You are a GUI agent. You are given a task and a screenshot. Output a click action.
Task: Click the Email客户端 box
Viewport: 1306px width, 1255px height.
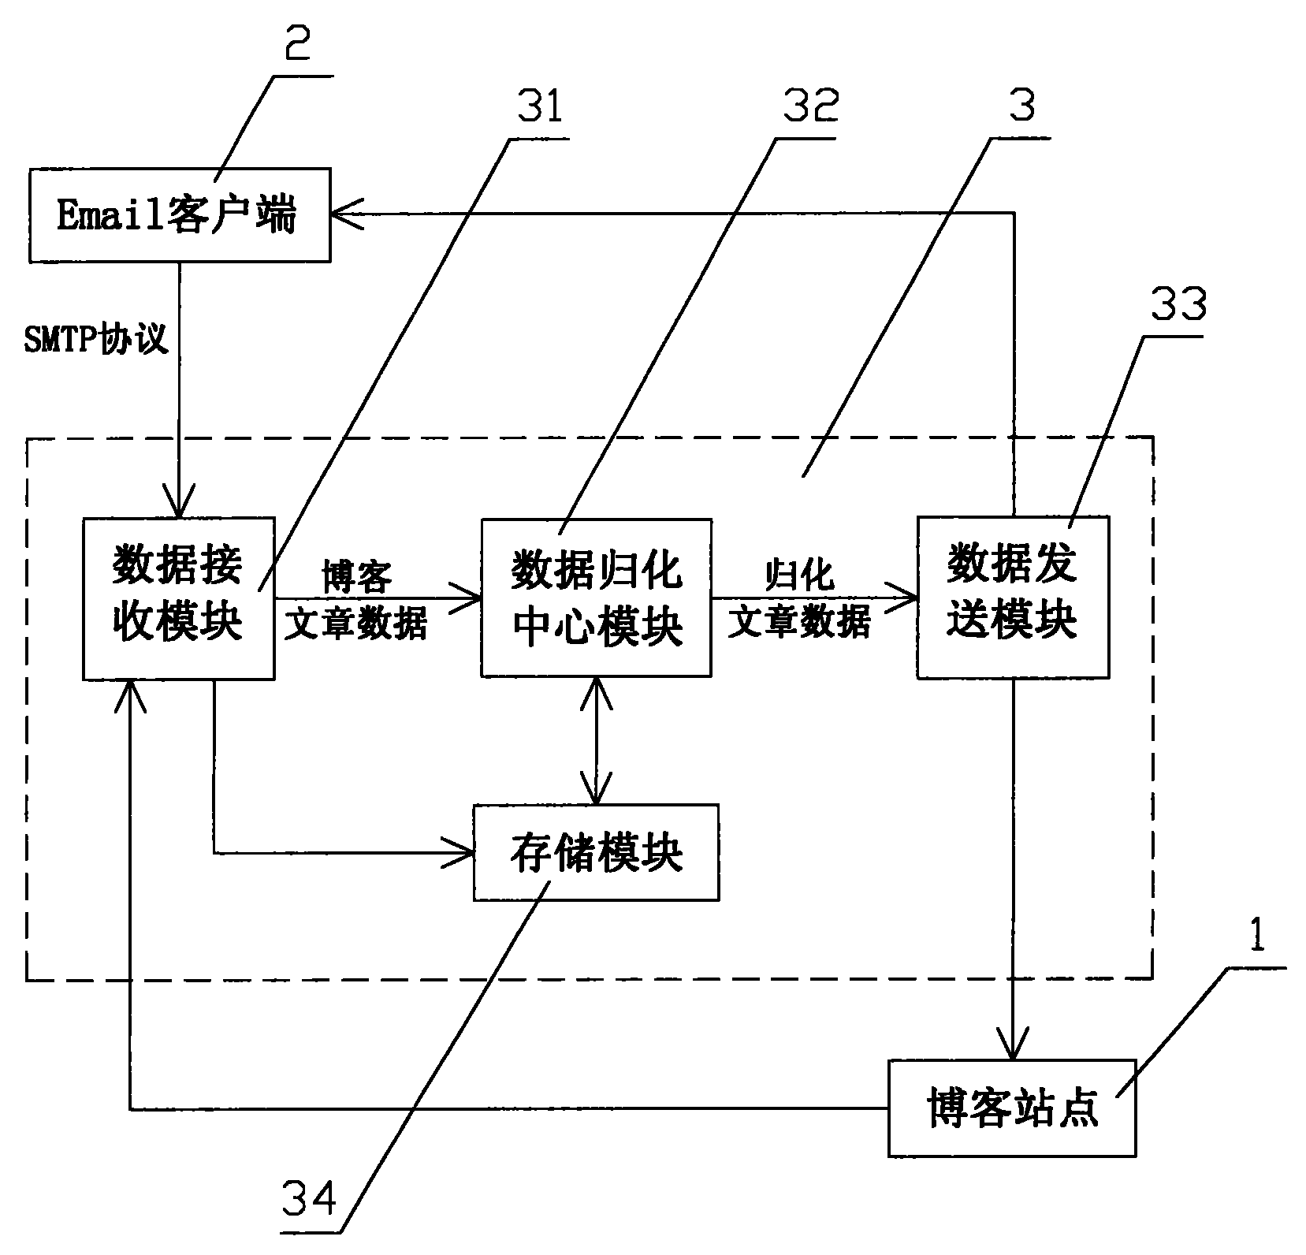click(179, 214)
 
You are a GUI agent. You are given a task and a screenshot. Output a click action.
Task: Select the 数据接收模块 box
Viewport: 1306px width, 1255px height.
click(178, 598)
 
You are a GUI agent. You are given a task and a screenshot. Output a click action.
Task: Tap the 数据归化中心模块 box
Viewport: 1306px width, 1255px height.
click(596, 598)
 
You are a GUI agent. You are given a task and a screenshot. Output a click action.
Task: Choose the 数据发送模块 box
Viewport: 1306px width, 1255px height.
click(1012, 597)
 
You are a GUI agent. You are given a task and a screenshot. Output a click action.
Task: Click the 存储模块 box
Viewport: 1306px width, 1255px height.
click(596, 852)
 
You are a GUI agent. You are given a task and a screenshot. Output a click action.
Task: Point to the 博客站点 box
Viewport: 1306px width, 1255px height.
click(1012, 1108)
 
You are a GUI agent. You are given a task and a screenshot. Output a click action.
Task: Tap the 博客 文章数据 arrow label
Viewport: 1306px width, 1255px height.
click(356, 600)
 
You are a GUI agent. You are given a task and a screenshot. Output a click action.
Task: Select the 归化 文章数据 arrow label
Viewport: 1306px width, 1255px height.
click(799, 599)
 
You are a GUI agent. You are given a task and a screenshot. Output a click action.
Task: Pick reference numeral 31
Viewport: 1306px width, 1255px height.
click(540, 108)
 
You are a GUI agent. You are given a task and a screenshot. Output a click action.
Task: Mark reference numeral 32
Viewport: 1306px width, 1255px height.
click(810, 107)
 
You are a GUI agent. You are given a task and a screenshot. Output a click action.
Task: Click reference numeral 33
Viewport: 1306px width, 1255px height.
click(1178, 304)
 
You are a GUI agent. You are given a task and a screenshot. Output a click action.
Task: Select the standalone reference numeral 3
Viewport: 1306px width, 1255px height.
click(1022, 107)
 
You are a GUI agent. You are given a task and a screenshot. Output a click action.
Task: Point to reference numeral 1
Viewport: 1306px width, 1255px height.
click(1258, 937)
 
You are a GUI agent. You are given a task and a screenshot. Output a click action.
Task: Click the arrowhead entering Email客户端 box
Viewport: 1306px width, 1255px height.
click(347, 213)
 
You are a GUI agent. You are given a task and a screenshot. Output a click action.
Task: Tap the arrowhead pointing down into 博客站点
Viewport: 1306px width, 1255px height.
click(1013, 1045)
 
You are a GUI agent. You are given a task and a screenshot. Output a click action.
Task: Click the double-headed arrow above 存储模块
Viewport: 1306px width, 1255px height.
click(596, 741)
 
